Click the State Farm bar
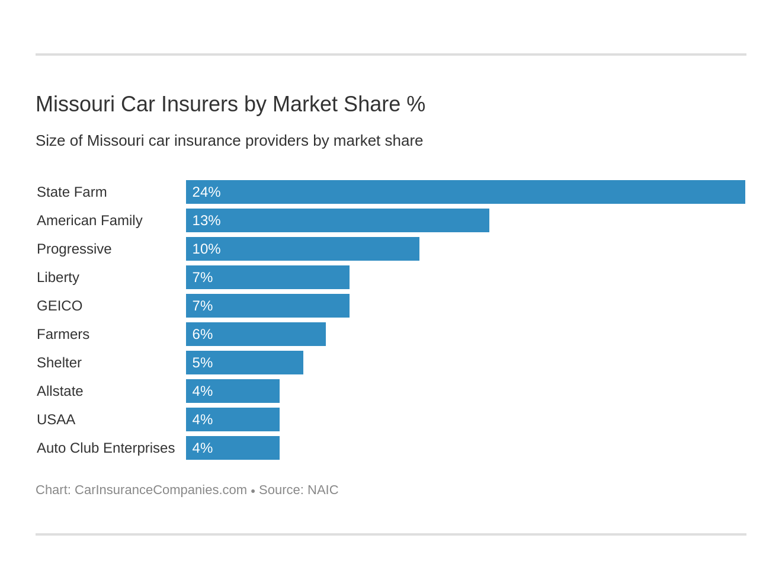[x=465, y=192]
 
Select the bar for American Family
[x=338, y=220]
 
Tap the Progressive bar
[x=303, y=249]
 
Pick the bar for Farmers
[x=256, y=334]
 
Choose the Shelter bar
[x=245, y=363]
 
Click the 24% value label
[x=206, y=192]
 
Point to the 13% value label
[x=206, y=220]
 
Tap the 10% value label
[x=206, y=249]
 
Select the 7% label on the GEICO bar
[x=202, y=306]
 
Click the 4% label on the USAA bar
[x=202, y=419]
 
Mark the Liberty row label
[x=58, y=277]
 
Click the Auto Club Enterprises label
[x=105, y=448]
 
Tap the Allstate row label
[x=60, y=391]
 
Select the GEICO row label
[x=59, y=306]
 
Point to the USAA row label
[x=56, y=419]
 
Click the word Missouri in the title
[x=75, y=104]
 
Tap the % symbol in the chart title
[x=416, y=104]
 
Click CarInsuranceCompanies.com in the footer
[x=161, y=490]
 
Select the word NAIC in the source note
[x=323, y=490]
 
